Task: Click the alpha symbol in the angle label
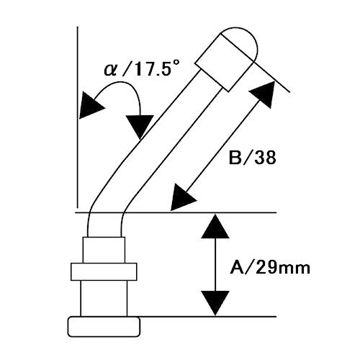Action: pos(110,70)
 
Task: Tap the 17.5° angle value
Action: pos(154,68)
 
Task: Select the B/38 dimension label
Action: pos(252,158)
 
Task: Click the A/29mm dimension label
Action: pos(270,268)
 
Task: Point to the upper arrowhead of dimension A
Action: pos(215,226)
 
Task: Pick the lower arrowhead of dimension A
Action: pos(215,303)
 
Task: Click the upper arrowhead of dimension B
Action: pos(264,94)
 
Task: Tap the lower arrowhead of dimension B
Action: pos(182,198)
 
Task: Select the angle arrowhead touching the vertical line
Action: pos(90,105)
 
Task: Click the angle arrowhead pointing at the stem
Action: pos(140,126)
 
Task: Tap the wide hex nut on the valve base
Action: pos(104,271)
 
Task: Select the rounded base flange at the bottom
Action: pos(104,327)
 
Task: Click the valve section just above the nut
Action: pos(104,250)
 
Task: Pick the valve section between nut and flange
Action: pos(104,298)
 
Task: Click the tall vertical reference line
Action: pos(78,117)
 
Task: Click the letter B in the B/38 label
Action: pos(235,158)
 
